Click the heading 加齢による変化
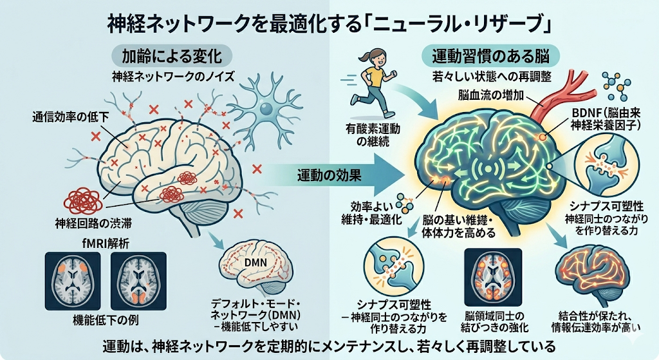tap(171, 57)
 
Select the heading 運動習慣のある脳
tap(490, 56)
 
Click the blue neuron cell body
tap(266, 109)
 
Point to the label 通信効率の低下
tap(71, 117)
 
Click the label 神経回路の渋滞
tap(93, 223)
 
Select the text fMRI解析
tap(106, 243)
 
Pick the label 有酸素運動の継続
tap(373, 135)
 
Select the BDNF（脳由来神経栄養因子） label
tap(606, 118)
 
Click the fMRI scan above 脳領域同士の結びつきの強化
tap(493, 277)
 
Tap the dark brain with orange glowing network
tap(593, 274)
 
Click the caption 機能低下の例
tap(106, 320)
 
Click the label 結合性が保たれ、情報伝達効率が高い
tap(596, 322)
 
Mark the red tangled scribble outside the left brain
tap(82, 200)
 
